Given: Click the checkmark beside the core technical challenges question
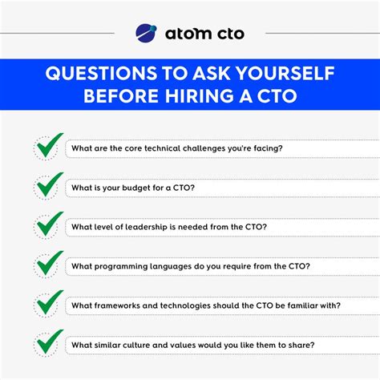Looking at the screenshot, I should [x=48, y=148].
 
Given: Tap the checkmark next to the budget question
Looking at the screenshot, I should [x=48, y=187].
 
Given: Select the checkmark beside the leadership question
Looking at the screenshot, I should [x=48, y=225].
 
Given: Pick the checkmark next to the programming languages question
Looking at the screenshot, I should [x=48, y=265].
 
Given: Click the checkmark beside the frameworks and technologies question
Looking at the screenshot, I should [x=48, y=304].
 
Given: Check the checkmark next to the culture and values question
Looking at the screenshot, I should [x=48, y=343].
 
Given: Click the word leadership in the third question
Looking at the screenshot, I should [x=151, y=227].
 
